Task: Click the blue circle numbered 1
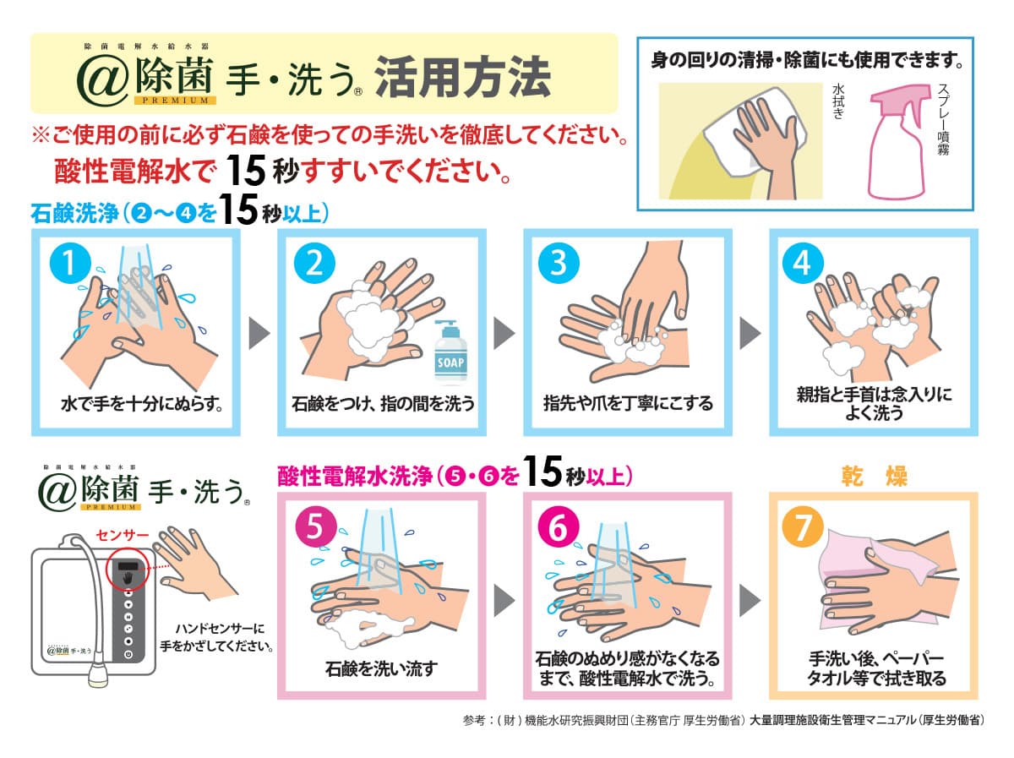pyautogui.click(x=70, y=263)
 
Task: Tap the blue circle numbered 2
pyautogui.click(x=314, y=263)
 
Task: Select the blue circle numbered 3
pyautogui.click(x=559, y=263)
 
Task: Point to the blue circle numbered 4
pyautogui.click(x=803, y=263)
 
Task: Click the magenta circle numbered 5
pyautogui.click(x=314, y=526)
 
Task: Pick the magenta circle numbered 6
pyautogui.click(x=559, y=526)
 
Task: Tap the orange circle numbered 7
pyautogui.click(x=803, y=526)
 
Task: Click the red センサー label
pyautogui.click(x=123, y=534)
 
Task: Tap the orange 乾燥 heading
pyautogui.click(x=874, y=477)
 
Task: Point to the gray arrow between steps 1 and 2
pyautogui.click(x=259, y=333)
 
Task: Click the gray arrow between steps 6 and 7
pyautogui.click(x=750, y=601)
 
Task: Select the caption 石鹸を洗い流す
pyautogui.click(x=382, y=668)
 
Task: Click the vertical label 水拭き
pyautogui.click(x=838, y=101)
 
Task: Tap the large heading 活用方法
pyautogui.click(x=462, y=77)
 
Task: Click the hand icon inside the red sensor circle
pyautogui.click(x=128, y=578)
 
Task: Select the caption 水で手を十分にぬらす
pyautogui.click(x=142, y=404)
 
